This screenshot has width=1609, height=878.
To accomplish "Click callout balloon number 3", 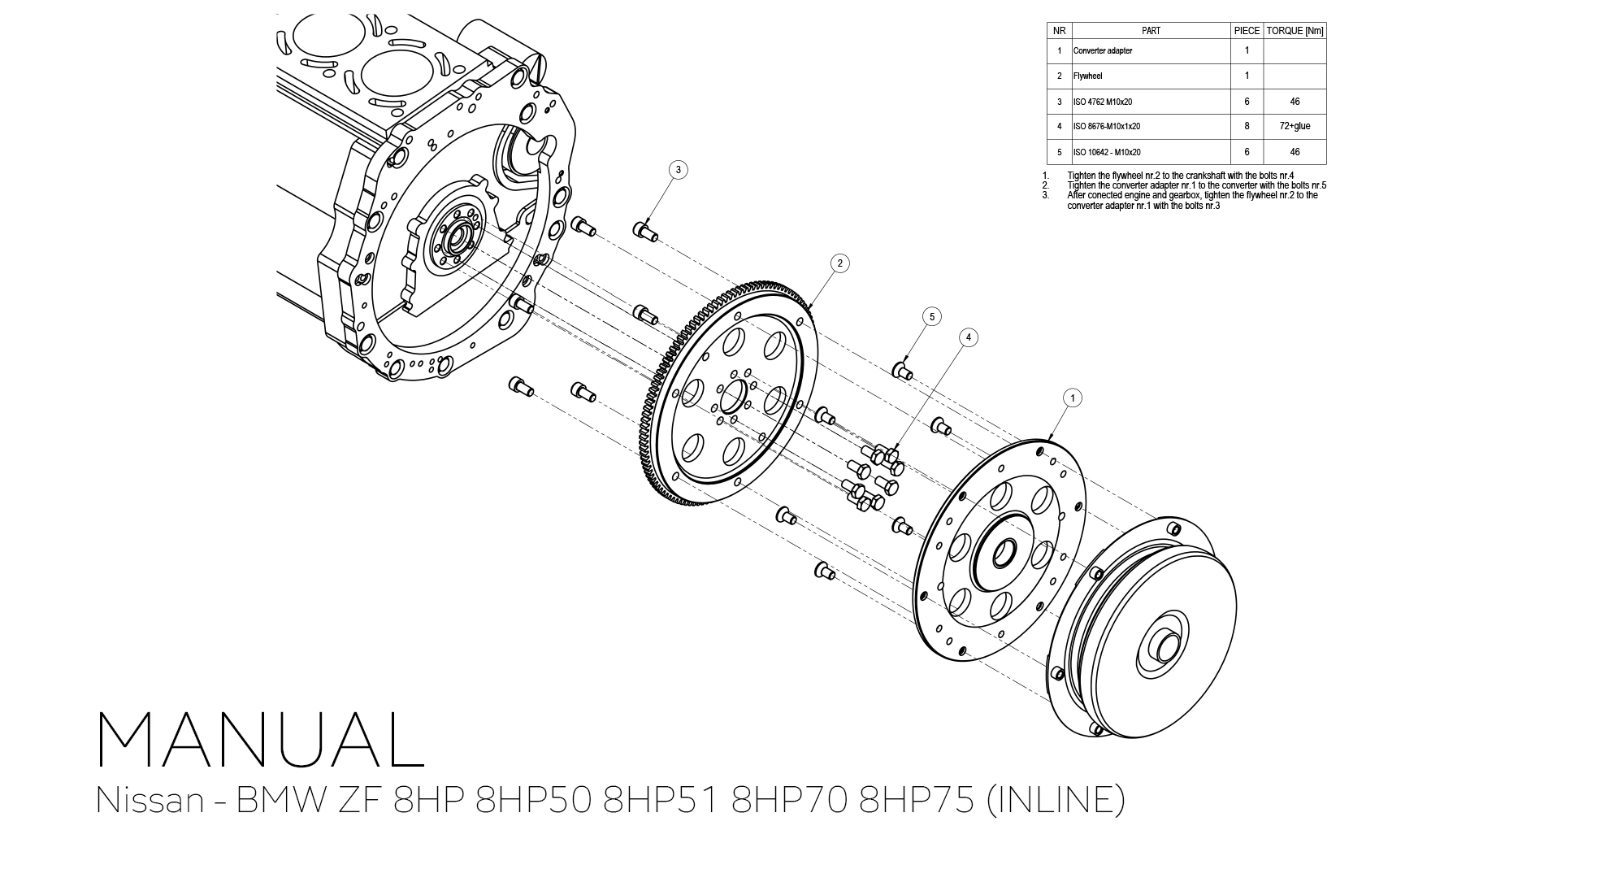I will tap(678, 170).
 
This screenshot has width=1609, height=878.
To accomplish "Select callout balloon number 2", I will tap(839, 263).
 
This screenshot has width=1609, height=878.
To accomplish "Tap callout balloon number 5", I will tap(932, 316).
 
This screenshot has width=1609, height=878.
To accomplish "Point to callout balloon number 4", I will tap(968, 337).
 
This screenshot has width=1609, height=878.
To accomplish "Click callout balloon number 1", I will tap(1073, 398).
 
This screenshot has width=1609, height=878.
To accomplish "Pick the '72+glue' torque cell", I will tap(1295, 127).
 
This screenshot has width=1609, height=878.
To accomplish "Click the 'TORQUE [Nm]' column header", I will tap(1295, 31).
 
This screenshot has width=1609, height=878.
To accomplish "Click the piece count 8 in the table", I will tap(1247, 127).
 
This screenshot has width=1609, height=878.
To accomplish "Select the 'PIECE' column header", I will tap(1247, 31).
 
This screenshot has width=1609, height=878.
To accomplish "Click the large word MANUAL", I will tap(260, 740).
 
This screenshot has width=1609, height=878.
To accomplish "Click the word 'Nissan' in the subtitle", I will tap(150, 800).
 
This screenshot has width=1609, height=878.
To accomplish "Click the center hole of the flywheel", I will tap(733, 397).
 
